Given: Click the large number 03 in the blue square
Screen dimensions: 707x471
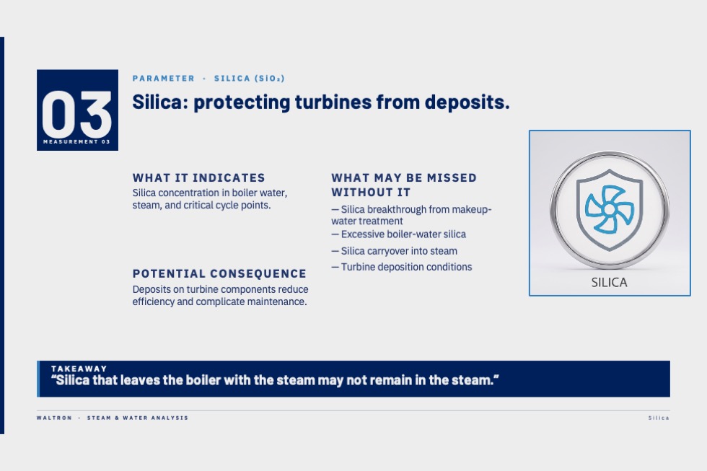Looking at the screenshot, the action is point(76,114).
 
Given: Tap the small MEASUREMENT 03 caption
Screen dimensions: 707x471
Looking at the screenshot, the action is point(76,141).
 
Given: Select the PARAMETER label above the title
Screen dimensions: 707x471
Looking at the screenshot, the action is point(164,79).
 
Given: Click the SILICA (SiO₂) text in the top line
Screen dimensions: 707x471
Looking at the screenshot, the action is point(250,79).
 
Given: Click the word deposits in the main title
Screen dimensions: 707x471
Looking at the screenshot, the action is point(467,102).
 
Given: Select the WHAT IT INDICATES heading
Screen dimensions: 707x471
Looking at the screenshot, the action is point(199,177).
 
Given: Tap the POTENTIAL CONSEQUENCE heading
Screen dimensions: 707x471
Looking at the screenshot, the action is point(219,273).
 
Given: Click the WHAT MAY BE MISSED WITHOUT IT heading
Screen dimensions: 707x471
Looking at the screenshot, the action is point(404,185).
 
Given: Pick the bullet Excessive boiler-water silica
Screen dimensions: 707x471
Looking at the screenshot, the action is point(398,234).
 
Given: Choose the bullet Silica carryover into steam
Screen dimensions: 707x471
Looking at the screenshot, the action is point(394,251).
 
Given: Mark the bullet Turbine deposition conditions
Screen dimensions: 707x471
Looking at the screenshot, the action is point(402,267).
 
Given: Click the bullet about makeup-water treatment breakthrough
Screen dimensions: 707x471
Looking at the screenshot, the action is point(411,215).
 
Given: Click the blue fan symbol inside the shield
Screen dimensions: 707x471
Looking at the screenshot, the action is point(609,209).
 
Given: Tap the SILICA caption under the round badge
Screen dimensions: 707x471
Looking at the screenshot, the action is point(609,283).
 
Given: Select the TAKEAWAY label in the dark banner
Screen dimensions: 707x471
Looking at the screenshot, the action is point(79,369).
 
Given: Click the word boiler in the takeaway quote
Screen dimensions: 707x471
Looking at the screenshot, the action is point(203,380).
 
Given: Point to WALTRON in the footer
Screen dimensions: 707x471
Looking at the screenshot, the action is point(54,418).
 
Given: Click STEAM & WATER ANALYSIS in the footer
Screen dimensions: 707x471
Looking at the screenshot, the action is point(138,418).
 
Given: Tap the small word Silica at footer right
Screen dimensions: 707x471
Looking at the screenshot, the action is point(659,418).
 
